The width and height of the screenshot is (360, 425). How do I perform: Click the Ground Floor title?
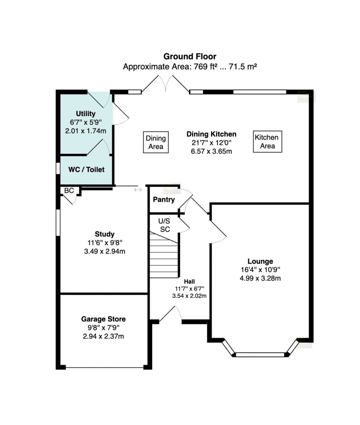click(x=190, y=56)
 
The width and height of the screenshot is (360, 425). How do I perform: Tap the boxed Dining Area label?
click(x=156, y=143)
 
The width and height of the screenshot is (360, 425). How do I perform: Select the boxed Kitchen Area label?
click(x=267, y=142)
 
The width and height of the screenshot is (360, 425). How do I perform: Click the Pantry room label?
click(x=163, y=200)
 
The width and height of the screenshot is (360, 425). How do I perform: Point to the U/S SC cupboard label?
click(x=164, y=225)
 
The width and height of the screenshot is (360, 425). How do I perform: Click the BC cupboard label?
click(x=69, y=191)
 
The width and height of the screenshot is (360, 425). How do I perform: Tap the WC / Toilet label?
click(x=86, y=169)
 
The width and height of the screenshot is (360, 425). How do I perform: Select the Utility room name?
click(x=86, y=113)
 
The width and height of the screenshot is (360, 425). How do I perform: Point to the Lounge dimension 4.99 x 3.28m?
click(x=260, y=278)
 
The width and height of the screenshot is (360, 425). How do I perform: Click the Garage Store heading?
click(x=103, y=319)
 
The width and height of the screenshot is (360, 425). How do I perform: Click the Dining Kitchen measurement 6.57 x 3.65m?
click(x=211, y=151)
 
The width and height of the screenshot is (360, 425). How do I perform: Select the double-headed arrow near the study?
click(x=138, y=190)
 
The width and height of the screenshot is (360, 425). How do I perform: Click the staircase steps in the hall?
click(x=164, y=257)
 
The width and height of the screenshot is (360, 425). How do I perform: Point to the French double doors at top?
click(x=166, y=84)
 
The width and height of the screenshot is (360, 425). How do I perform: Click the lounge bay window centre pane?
click(x=260, y=354)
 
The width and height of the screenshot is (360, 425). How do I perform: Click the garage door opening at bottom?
click(x=104, y=367)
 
